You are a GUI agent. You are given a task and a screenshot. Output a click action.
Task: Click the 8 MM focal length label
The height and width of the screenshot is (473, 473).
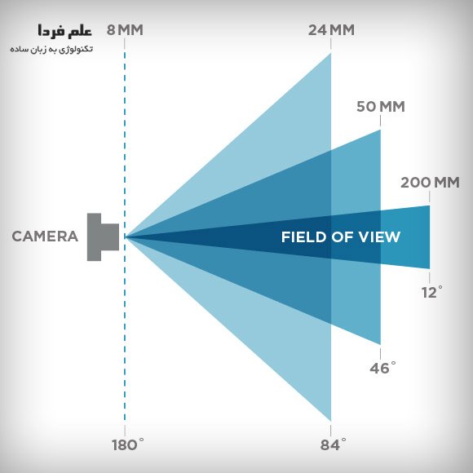(x=125, y=30)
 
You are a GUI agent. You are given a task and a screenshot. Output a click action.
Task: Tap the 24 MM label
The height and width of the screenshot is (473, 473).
(x=331, y=30)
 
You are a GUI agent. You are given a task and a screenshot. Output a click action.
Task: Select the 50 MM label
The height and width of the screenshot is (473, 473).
(x=380, y=107)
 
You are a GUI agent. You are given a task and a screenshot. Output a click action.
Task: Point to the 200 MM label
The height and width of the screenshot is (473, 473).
(x=430, y=183)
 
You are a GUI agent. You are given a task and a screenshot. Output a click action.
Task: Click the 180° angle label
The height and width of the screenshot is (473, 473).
(x=127, y=444)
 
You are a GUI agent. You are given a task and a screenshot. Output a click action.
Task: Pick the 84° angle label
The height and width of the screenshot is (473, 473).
(x=333, y=444)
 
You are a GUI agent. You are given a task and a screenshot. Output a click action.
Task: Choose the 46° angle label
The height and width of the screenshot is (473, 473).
(x=382, y=368)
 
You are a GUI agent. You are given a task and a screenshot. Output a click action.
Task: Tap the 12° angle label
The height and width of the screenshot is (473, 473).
(x=432, y=292)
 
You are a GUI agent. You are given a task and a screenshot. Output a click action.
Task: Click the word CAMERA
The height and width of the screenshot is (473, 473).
(x=45, y=236)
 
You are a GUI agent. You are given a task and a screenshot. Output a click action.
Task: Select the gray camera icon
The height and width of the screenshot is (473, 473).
(x=103, y=237)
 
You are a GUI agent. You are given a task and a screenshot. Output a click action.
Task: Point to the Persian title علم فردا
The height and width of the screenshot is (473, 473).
(x=64, y=31)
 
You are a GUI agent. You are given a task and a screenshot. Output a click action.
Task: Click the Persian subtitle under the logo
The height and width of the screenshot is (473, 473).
(x=51, y=49)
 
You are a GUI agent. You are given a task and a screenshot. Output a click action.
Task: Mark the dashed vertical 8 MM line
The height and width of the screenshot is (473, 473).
(x=125, y=236)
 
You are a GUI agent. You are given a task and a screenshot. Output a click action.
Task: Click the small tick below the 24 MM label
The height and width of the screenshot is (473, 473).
(x=331, y=44)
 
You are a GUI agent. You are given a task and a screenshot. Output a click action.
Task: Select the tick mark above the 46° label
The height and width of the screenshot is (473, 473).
(x=380, y=354)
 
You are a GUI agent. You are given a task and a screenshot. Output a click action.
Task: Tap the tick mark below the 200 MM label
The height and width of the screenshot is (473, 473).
(x=430, y=197)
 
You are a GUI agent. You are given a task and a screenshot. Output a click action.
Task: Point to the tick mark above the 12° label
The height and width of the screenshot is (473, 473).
(x=430, y=277)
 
